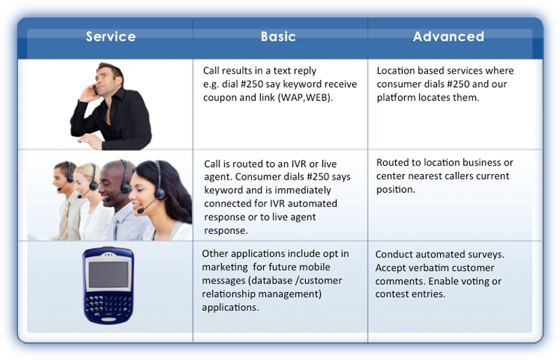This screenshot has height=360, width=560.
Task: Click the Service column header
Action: pos(111,36)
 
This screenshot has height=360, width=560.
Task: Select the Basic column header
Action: pos(278,36)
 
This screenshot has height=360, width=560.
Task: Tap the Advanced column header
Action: pos(448,36)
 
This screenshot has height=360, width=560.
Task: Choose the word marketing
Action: pos(225,267)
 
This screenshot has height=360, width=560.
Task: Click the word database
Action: pos(272,281)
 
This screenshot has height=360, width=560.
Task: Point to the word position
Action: pos(395,189)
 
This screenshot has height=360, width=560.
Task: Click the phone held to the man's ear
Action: pos(95,89)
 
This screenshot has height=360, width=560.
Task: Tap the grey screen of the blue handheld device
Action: pos(108,274)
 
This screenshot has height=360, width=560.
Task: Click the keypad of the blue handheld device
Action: pos(107,305)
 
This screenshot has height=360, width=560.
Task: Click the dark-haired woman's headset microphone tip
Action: pos(140,211)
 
